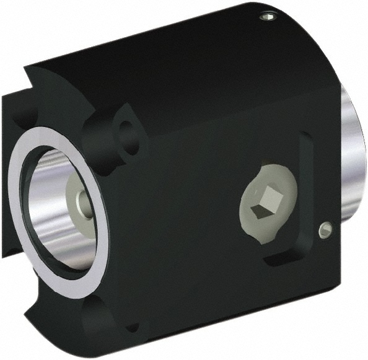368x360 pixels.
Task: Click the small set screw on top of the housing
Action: click(x=266, y=17)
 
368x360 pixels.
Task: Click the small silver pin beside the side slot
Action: click(x=324, y=230)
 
